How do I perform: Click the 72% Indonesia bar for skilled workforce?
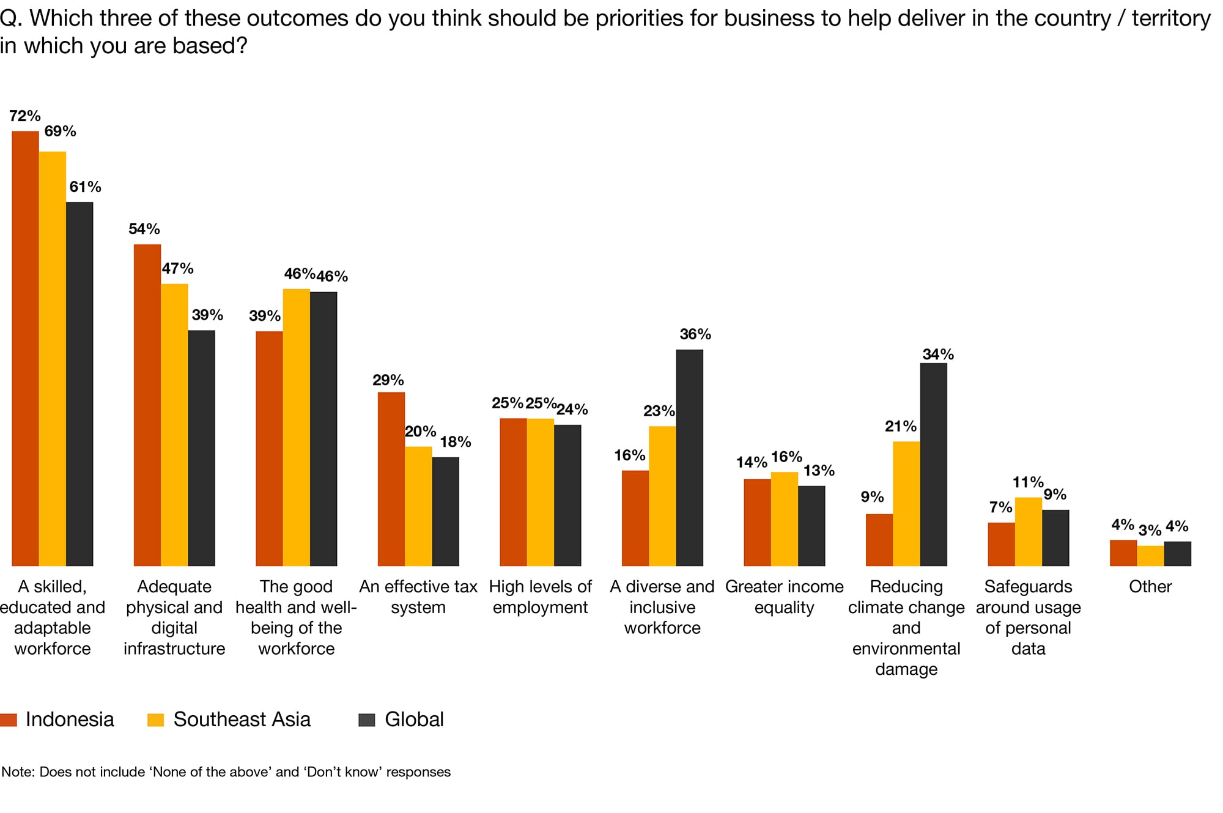point(25,348)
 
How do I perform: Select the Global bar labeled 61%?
point(79,384)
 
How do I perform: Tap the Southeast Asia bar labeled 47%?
point(174,425)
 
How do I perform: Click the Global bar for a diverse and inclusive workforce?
point(689,458)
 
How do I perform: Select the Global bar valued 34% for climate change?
point(933,465)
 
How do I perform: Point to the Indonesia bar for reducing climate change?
point(879,540)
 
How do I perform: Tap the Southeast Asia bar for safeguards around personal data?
point(1028,532)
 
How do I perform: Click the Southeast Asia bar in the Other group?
point(1150,556)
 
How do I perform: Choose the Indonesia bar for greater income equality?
point(757,523)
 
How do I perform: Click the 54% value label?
point(144,229)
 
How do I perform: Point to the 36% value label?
point(695,334)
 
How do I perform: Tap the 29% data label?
point(388,380)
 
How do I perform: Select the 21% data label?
point(900,427)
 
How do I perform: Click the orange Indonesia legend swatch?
point(9,719)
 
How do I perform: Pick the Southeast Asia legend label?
point(242,719)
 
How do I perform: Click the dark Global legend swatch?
point(366,719)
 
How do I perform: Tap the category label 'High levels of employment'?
point(540,597)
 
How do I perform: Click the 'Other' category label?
point(1150,587)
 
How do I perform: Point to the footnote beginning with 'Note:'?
point(226,772)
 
